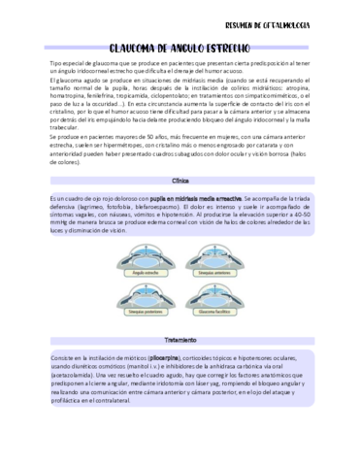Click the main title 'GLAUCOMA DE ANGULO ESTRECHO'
(180, 46)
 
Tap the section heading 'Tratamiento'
(180, 340)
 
